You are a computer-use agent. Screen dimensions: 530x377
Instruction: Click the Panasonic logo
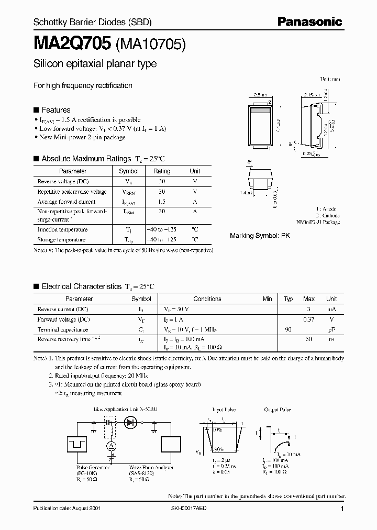(x=310, y=22)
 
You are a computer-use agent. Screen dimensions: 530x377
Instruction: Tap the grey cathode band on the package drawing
(x=260, y=111)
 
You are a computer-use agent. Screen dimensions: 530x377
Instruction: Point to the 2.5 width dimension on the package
(x=260, y=95)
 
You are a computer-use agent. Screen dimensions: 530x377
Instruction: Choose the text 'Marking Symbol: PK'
(x=260, y=236)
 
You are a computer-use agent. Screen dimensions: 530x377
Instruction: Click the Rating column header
(x=162, y=171)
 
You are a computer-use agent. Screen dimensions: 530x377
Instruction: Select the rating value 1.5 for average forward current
(x=162, y=202)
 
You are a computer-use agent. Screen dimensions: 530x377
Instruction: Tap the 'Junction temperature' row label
(x=62, y=229)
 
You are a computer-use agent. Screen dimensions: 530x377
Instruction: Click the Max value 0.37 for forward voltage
(x=309, y=319)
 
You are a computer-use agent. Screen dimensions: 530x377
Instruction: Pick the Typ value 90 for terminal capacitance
(x=288, y=329)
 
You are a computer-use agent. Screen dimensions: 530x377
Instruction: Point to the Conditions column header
(x=207, y=299)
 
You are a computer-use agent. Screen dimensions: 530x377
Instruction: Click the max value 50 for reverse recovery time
(x=309, y=339)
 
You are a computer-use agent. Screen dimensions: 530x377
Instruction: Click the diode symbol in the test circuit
(x=131, y=421)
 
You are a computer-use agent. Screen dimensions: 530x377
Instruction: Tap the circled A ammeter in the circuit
(x=110, y=446)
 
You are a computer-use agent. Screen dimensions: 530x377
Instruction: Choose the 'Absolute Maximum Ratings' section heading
(x=86, y=159)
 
